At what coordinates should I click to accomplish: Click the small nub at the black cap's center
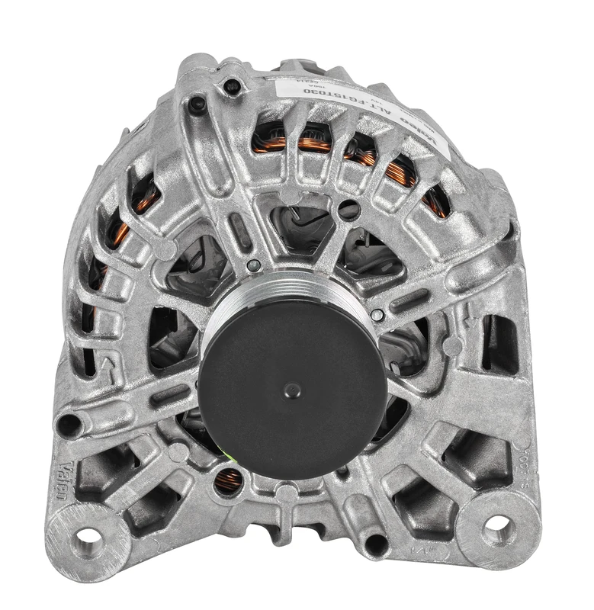click(292, 390)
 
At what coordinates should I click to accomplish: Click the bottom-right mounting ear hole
click(496, 523)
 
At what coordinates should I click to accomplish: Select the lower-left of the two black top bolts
click(197, 105)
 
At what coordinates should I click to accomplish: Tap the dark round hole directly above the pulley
click(348, 210)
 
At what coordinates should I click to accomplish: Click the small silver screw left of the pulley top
click(254, 265)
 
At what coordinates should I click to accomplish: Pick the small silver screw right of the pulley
click(377, 314)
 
